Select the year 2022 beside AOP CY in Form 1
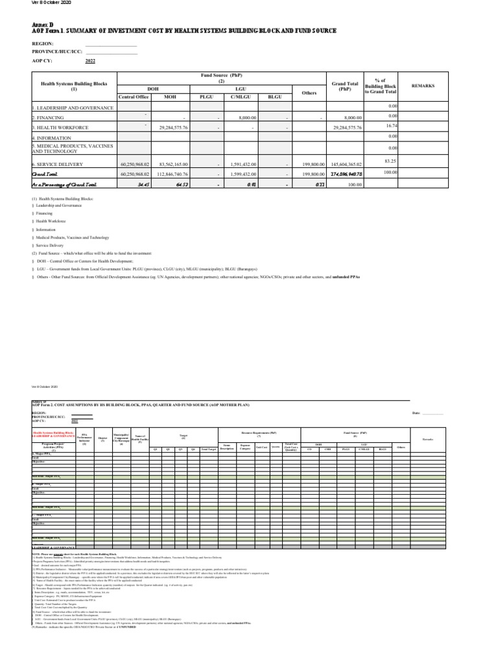[90, 60]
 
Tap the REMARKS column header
[423, 86]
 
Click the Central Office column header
[134, 97]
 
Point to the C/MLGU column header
[241, 97]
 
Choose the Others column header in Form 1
[309, 93]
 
